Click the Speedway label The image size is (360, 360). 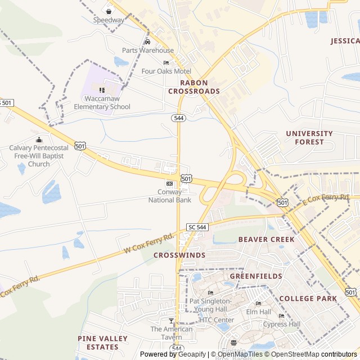point(109,20)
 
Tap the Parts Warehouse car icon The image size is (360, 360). point(147,42)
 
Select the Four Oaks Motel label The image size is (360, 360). point(166,71)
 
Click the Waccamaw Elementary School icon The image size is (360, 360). point(102,90)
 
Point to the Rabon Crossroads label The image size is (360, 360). point(193,87)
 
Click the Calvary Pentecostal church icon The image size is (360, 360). point(39,139)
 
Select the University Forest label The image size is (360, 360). point(309,138)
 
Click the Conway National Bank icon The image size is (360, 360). point(169,183)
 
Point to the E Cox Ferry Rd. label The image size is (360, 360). point(326,199)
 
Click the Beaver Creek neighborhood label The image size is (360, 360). point(266,239)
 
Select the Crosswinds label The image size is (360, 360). point(179,255)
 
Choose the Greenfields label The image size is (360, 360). point(256,276)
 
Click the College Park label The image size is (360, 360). point(308,299)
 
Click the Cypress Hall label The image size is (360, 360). point(282,324)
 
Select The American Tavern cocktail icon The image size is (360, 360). point(172,321)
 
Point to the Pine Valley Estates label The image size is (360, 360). point(102,343)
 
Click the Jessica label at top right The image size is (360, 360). point(345,41)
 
